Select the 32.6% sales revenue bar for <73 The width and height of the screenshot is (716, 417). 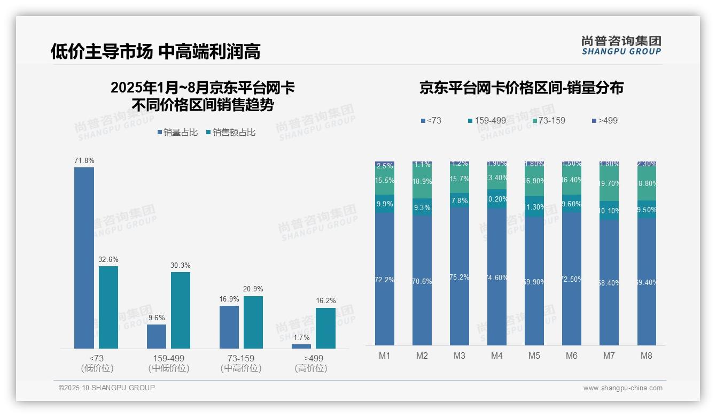pyautogui.click(x=108, y=307)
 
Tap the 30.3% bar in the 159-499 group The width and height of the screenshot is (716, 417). pyautogui.click(x=181, y=310)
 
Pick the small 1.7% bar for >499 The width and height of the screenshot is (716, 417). pyautogui.click(x=301, y=346)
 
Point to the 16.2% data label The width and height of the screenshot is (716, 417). pyautogui.click(x=325, y=301)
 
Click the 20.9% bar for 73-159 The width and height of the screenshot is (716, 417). pyautogui.click(x=253, y=322)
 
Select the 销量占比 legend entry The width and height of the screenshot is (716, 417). pyautogui.click(x=177, y=133)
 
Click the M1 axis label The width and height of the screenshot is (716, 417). pyautogui.click(x=385, y=356)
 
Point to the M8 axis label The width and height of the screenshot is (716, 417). pyautogui.click(x=647, y=356)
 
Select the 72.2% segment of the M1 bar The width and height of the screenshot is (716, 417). pyautogui.click(x=385, y=279)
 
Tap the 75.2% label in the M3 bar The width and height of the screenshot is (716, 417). pyautogui.click(x=460, y=277)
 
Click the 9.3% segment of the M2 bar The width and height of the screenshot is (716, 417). pyautogui.click(x=422, y=207)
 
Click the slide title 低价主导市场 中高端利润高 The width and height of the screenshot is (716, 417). pyautogui.click(x=155, y=51)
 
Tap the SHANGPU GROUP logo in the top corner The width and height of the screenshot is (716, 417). pyautogui.click(x=621, y=45)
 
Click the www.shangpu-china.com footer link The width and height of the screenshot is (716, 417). pyautogui.click(x=622, y=388)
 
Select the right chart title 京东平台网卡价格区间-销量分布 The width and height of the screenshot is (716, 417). pyautogui.click(x=521, y=88)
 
